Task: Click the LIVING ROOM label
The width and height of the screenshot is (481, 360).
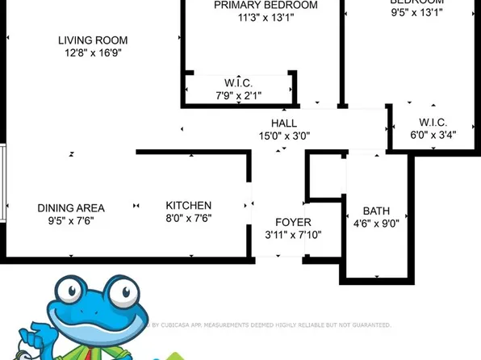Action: pos(93,40)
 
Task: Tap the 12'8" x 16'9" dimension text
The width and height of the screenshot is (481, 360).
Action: pos(93,54)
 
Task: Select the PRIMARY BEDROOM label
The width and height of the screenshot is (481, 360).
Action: pos(254,5)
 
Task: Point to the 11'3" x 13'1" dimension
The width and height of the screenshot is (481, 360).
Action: pos(254,19)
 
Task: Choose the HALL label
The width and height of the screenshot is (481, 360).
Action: pos(283,123)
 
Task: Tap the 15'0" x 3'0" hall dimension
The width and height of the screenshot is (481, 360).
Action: pos(283,136)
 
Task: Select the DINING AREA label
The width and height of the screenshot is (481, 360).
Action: pos(71,207)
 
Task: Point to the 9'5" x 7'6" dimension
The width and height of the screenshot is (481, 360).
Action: pos(71,221)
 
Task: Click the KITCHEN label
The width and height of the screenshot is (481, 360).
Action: pos(189,205)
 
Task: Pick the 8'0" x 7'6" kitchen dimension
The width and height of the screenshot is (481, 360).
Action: pos(189,219)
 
